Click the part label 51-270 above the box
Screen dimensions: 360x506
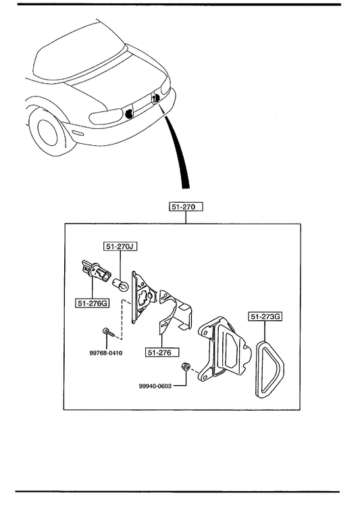pos(186,207)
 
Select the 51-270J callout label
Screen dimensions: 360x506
pos(120,247)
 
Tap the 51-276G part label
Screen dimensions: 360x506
pos(93,303)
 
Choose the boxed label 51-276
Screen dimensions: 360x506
pos(162,352)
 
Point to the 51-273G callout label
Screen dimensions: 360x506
pos(265,317)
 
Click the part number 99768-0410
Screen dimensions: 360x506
pos(106,353)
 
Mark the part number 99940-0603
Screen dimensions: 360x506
pos(155,386)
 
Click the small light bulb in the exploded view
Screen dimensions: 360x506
pos(121,284)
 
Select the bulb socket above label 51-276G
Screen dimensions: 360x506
pos(95,270)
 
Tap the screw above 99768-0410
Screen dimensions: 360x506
pos(108,332)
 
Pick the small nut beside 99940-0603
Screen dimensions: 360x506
pos(185,366)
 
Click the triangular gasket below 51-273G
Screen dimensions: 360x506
pos(269,369)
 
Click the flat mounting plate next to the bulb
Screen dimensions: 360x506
pos(142,297)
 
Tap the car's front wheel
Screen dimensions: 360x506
pos(48,132)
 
